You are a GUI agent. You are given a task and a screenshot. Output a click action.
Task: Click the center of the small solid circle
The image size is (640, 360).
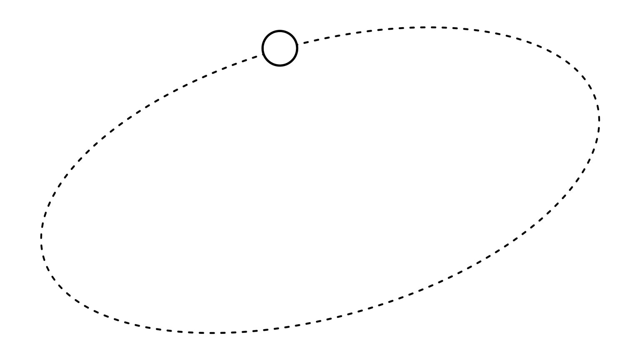pyautogui.click(x=280, y=48)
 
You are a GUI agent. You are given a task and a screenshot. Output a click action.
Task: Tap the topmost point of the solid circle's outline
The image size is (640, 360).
pyautogui.click(x=280, y=31)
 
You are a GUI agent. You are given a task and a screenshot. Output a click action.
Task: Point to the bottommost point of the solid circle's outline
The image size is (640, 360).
pyautogui.click(x=280, y=66)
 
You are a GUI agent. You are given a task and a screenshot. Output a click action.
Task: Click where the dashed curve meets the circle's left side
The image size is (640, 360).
pyautogui.click(x=263, y=54)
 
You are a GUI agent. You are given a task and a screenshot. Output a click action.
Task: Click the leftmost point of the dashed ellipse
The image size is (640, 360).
pyautogui.click(x=41, y=237)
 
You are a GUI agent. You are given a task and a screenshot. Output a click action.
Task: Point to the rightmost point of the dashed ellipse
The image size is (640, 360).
pyautogui.click(x=599, y=119)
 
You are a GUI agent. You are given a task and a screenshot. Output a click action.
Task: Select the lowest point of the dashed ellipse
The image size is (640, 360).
pyautogui.click(x=210, y=333)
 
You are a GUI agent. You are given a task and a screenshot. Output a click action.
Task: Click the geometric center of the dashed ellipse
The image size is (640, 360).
pyautogui.click(x=320, y=180)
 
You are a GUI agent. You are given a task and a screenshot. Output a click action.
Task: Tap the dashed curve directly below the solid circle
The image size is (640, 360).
pyautogui.click(x=280, y=327)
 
